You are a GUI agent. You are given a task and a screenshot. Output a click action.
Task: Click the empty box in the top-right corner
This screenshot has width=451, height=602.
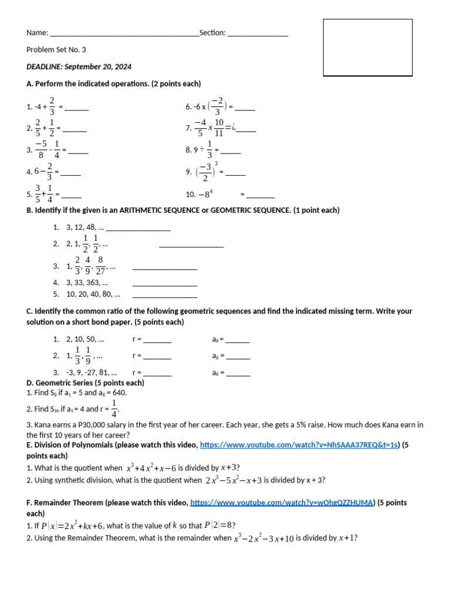coord(368,48)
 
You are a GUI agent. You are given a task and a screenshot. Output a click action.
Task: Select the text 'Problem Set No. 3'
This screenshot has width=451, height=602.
coord(56,50)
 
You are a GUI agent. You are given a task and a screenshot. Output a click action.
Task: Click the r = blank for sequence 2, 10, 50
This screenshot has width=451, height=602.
coord(157,340)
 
